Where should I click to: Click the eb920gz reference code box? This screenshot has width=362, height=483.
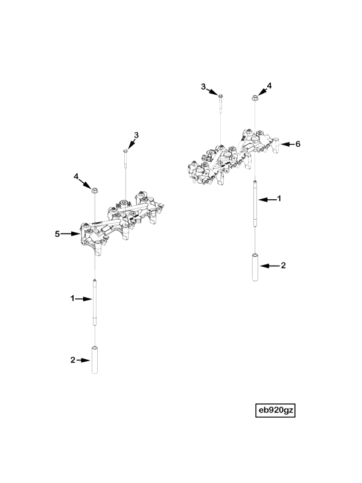point(275,411)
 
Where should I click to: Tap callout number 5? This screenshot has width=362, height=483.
point(57,234)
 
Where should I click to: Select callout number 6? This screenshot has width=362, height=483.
point(297,144)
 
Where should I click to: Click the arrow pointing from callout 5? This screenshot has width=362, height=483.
point(71,234)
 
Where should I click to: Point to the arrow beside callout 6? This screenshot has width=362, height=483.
point(287,144)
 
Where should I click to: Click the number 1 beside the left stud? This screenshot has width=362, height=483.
point(72,298)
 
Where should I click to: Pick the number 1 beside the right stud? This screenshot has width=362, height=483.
point(279,199)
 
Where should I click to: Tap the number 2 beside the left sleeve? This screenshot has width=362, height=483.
point(72,360)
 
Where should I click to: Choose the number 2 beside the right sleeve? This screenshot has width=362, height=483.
point(284,265)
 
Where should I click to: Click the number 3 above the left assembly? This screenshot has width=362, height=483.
point(136,135)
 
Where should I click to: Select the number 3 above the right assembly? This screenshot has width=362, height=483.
point(203,87)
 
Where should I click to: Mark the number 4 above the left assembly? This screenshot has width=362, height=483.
point(76,176)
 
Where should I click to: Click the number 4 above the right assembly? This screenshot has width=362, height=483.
point(269,86)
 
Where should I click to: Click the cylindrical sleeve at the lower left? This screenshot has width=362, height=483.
point(95,359)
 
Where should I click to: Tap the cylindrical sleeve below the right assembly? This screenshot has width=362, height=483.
point(255,267)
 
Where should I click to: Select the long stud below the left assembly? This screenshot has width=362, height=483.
point(95,302)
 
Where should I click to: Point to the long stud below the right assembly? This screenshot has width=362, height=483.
point(255,203)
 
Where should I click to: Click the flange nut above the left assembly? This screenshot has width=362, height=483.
point(95,190)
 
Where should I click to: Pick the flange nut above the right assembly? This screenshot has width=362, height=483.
point(255,98)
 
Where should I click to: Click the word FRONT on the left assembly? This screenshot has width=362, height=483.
point(97,225)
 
